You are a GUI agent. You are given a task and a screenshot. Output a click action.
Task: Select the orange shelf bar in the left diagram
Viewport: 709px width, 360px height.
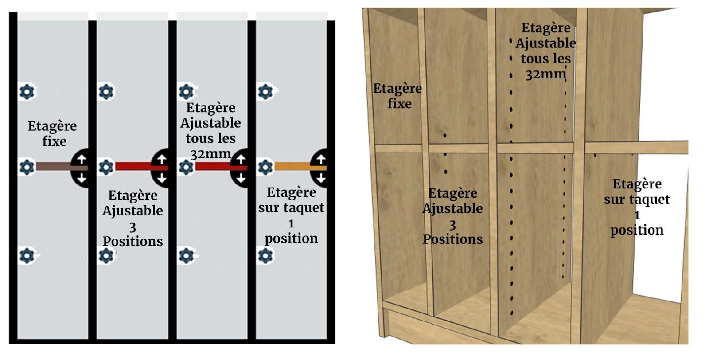tap(292, 167)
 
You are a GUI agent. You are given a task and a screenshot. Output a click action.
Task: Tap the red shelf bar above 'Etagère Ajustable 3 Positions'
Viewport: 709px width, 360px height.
tap(133, 167)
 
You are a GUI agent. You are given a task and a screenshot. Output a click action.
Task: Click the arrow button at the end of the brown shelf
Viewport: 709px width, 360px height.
tap(81, 169)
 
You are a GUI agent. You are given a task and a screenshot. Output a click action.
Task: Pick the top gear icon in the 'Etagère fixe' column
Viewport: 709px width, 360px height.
tap(27, 92)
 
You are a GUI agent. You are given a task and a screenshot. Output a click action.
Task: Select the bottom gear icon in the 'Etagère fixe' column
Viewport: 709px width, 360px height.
tap(27, 256)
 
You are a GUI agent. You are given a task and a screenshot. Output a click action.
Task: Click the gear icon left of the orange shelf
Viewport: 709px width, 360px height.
tap(265, 167)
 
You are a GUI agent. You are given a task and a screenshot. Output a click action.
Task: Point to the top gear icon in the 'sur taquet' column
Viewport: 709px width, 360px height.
tap(265, 92)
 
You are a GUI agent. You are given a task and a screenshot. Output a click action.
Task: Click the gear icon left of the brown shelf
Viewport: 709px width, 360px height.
tap(27, 167)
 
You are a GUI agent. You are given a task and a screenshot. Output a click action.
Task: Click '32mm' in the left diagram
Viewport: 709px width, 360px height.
tap(210, 154)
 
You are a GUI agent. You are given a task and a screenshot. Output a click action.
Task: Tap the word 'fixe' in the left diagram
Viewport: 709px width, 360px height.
tap(54, 141)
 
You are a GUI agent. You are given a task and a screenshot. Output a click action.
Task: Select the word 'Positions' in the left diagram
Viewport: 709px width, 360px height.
tap(133, 241)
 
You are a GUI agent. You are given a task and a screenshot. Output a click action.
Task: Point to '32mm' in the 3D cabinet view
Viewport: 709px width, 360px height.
tap(545, 74)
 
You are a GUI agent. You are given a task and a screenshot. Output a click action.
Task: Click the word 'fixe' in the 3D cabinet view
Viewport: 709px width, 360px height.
tap(399, 104)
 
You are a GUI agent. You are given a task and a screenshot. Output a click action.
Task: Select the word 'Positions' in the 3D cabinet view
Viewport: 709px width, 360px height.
tap(452, 239)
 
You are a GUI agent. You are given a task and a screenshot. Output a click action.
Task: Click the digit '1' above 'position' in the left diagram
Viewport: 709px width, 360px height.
tap(291, 223)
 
